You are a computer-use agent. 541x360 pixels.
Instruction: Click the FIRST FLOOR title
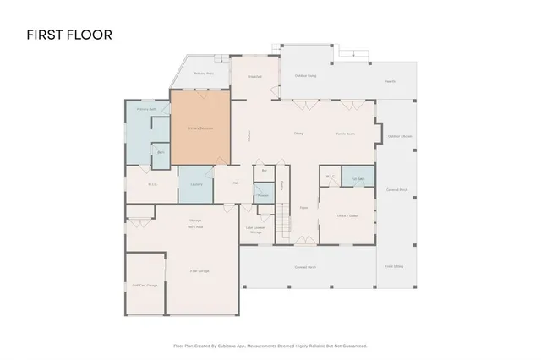[x=69, y=35]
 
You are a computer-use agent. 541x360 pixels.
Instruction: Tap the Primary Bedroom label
[x=200, y=128]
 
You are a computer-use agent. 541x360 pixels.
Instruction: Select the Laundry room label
[x=195, y=183]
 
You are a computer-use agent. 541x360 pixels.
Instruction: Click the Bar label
[x=265, y=170]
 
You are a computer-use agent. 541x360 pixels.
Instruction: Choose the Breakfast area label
[x=254, y=77]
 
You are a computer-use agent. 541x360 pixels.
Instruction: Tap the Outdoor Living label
[x=306, y=75]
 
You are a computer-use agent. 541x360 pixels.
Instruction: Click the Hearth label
[x=390, y=81]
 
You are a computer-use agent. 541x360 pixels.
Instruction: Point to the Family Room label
[x=345, y=134]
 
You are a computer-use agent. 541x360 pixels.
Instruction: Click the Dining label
[x=298, y=134]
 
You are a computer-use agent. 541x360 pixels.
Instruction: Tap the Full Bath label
[x=358, y=179]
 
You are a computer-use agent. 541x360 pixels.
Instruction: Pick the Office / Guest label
[x=343, y=215]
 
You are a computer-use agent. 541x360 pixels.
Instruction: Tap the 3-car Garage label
[x=199, y=270]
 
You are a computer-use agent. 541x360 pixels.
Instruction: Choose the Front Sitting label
[x=394, y=266]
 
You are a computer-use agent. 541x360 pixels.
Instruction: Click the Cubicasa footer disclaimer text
[x=270, y=345]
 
